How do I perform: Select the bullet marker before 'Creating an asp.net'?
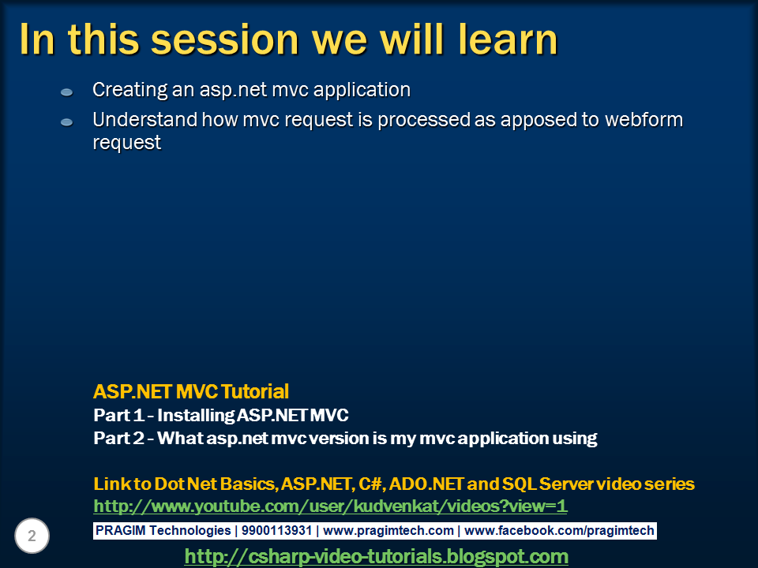coord(67,92)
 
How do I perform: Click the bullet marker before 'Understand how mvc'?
coord(67,122)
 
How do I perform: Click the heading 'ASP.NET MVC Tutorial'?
coord(191,391)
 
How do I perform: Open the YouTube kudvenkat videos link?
coord(330,506)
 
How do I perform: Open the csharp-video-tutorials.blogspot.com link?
coord(376,556)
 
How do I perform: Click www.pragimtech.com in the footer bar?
coord(388,531)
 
